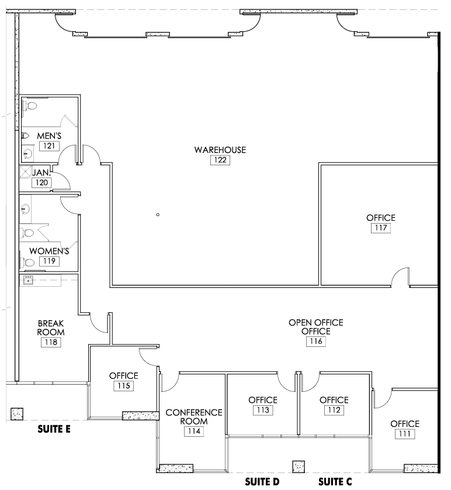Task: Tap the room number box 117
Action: coord(380,228)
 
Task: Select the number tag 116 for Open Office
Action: coord(315,342)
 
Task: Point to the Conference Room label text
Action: coord(194,416)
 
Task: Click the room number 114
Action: coord(194,432)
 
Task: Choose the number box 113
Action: coord(262,411)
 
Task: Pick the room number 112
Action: coord(334,411)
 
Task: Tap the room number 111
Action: coord(405,434)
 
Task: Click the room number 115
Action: coord(123,386)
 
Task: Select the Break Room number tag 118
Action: coord(51,343)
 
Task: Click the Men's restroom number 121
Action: coord(49,145)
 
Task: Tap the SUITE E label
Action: coord(54,429)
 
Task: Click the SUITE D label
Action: coord(262,482)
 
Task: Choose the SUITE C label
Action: coord(335,482)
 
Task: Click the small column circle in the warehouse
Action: coord(158,215)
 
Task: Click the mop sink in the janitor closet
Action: coord(26,172)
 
